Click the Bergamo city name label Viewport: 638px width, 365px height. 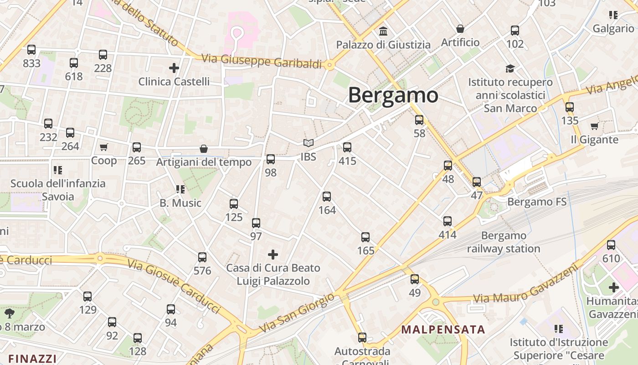[x=393, y=95]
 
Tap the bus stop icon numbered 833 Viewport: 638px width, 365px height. [x=31, y=50]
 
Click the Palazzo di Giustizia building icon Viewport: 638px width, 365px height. [x=383, y=31]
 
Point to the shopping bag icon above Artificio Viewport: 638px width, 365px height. [x=460, y=29]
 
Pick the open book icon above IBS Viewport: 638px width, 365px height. [x=309, y=143]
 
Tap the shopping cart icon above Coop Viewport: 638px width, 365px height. [x=104, y=147]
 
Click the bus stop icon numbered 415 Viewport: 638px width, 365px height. [x=347, y=147]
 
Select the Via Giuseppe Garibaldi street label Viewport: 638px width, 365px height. [x=262, y=61]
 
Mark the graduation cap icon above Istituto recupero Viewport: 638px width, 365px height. [x=510, y=69]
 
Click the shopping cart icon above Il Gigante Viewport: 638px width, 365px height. [x=594, y=126]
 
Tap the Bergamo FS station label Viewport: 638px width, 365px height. [x=537, y=202]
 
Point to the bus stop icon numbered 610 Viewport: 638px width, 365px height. [x=611, y=245]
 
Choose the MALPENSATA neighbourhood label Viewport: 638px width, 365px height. [x=443, y=329]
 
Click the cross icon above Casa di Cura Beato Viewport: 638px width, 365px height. [x=273, y=254]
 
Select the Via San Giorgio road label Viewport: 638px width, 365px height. [x=297, y=313]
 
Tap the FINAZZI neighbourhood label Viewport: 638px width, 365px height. [x=32, y=359]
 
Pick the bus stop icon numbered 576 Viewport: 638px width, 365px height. [x=202, y=257]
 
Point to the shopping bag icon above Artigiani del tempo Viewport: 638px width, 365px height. [x=204, y=149]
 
